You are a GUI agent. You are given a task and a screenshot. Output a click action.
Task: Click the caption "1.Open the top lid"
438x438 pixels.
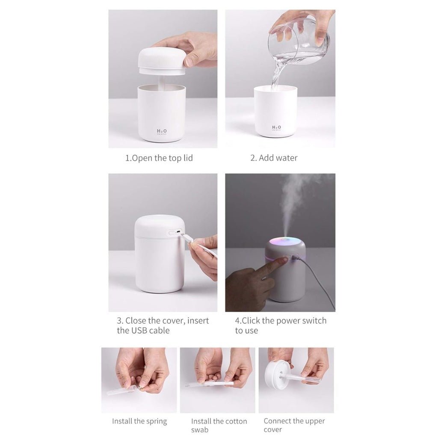point(159,158)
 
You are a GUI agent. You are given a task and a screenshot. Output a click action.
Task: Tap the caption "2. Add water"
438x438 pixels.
point(274,158)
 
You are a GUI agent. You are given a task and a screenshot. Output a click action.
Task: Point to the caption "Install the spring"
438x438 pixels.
point(139,421)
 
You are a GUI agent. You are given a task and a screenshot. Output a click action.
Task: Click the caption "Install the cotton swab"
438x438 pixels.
point(219,425)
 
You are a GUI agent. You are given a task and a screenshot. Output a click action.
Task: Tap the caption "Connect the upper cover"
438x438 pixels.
point(294,425)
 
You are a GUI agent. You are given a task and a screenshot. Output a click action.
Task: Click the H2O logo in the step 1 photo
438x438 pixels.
point(162,131)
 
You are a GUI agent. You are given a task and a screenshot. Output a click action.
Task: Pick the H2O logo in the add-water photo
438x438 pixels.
point(276,127)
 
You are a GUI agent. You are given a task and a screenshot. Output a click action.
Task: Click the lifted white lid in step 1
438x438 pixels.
point(161,60)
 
